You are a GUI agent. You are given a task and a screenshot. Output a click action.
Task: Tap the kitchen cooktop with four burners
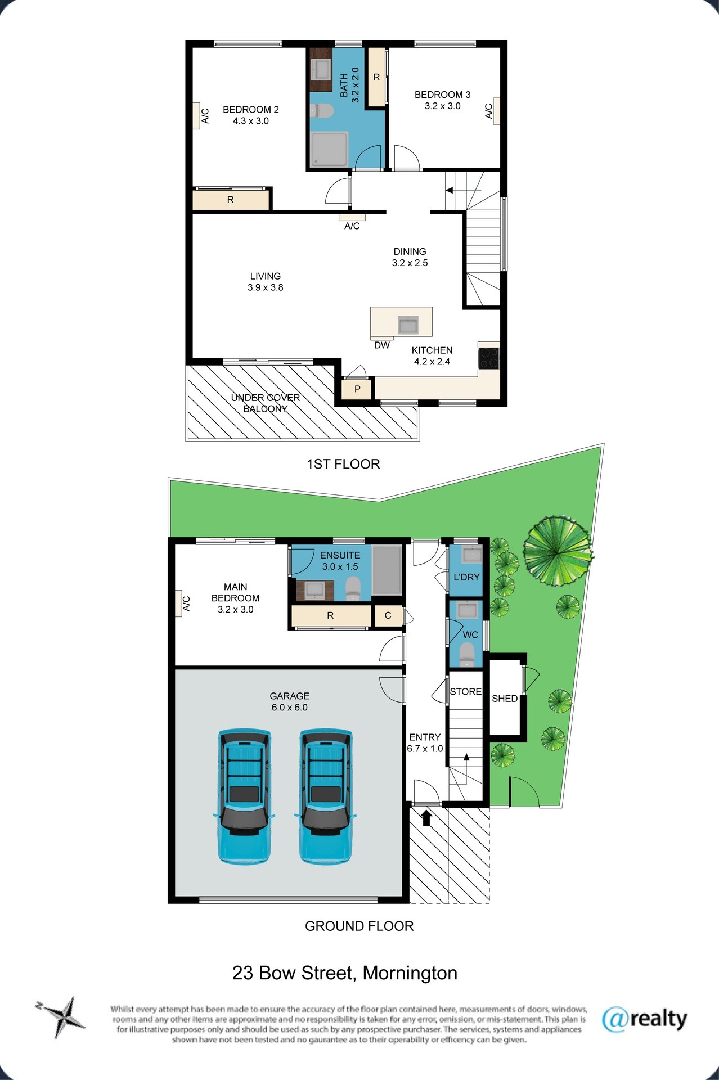coord(488,358)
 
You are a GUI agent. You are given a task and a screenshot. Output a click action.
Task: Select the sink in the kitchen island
coord(408,325)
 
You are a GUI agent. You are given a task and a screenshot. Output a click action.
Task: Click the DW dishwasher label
coord(382,345)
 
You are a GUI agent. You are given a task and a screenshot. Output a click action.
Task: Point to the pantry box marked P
coord(357,389)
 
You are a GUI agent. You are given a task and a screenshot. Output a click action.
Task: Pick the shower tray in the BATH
coord(330,149)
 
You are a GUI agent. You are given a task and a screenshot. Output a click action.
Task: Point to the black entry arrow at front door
coord(426,817)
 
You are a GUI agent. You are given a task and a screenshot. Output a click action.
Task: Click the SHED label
coord(505,699)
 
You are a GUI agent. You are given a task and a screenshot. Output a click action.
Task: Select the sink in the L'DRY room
coord(471,555)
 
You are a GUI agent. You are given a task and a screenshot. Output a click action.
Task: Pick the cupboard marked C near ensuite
coord(388,616)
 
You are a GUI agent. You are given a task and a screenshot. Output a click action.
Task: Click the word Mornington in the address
coord(410,973)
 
